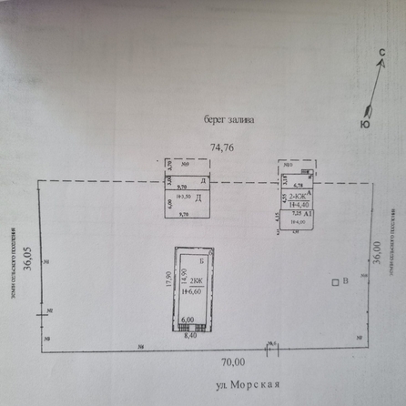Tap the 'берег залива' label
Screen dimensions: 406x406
coord(229,118)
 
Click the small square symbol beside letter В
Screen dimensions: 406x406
coord(334,283)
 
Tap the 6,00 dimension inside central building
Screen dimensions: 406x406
coord(188,320)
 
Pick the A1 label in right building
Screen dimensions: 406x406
coord(310,213)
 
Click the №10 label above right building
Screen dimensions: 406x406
coord(288,165)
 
